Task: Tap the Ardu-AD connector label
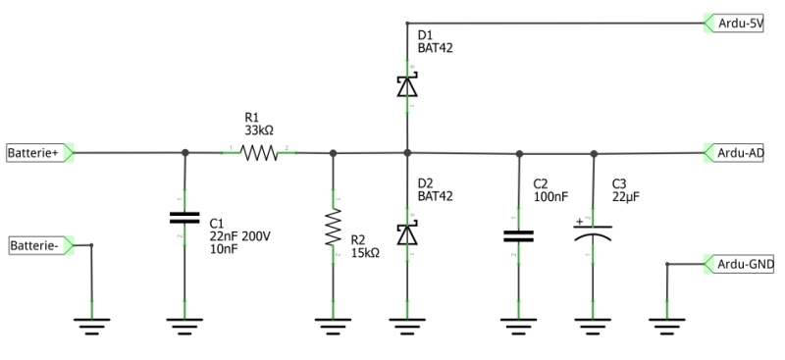[x=740, y=153]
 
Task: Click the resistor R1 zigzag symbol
[x=260, y=153]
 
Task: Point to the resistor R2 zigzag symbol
[x=334, y=228]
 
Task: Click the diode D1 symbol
[x=407, y=86]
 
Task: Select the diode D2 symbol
[x=407, y=233]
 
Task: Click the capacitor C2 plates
[x=519, y=235]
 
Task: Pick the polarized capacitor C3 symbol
[x=593, y=233]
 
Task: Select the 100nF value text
[x=549, y=196]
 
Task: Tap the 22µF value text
[x=625, y=196]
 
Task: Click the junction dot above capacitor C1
[x=185, y=153]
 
